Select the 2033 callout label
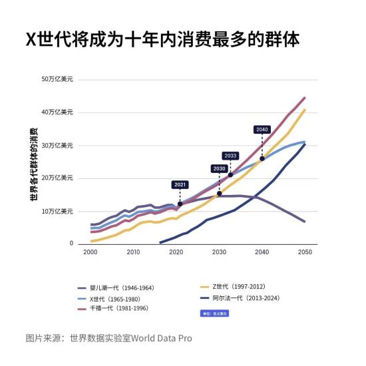tap(230, 156)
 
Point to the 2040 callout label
tap(262, 129)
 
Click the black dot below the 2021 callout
tap(180, 204)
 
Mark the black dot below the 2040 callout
tap(262, 158)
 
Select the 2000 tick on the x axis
tap(91, 253)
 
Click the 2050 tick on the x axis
tap(305, 253)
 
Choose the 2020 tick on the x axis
tap(176, 253)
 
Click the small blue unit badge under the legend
tap(211, 312)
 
